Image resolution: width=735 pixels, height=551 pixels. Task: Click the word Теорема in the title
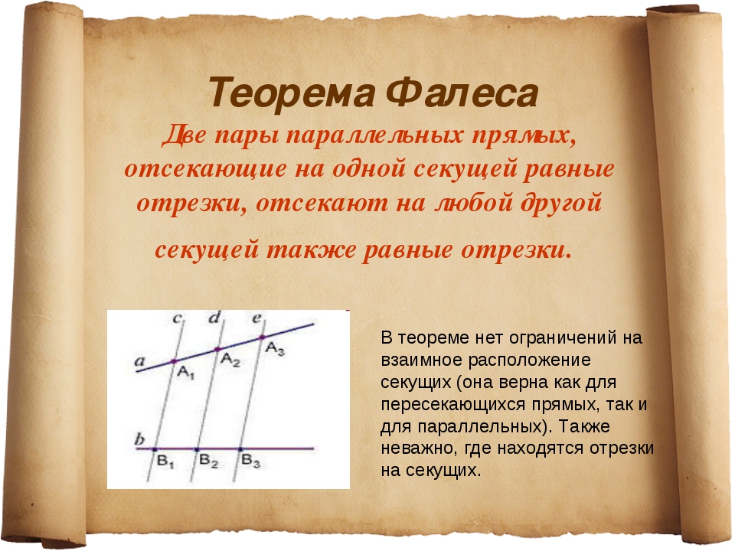coord(291,93)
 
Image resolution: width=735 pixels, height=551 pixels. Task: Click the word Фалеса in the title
coord(462,93)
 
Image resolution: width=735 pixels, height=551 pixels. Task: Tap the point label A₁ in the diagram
coord(186,373)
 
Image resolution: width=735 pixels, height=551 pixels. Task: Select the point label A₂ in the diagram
coord(230,360)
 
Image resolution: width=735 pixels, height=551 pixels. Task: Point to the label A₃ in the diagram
coord(275,349)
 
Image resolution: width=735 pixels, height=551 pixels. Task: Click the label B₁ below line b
coord(165,461)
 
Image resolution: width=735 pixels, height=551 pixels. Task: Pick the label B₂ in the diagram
coord(208,461)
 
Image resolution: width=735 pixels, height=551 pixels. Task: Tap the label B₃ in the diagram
coord(251,461)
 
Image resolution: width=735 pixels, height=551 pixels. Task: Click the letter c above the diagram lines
coord(177,318)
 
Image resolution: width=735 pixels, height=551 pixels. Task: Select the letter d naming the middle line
coord(214,318)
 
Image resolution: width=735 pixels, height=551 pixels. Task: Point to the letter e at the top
coord(257,318)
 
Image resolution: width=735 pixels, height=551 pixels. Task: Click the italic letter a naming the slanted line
coord(139,361)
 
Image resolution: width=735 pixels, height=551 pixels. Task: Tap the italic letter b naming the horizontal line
coord(139,439)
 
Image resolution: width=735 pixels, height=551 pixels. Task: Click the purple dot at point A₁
coord(174,362)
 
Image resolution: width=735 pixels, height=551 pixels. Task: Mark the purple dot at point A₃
coord(262,337)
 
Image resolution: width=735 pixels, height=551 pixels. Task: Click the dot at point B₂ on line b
coord(198,449)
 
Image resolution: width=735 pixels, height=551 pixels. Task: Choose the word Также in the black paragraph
coord(584,426)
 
